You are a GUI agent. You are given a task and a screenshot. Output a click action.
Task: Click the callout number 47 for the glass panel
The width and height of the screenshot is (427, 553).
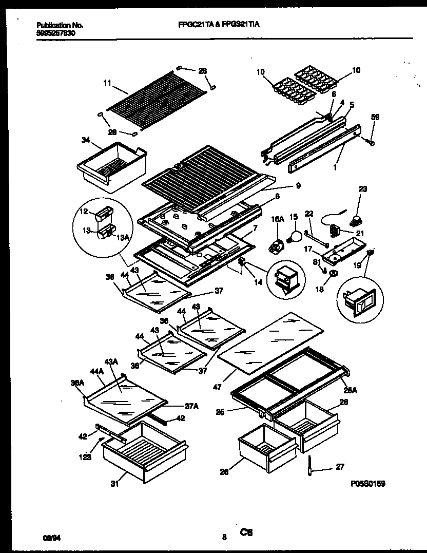click(217, 388)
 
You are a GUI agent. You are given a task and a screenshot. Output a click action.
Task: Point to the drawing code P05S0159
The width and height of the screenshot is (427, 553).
click(368, 484)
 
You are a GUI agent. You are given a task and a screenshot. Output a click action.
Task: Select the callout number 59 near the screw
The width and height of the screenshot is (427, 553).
click(375, 117)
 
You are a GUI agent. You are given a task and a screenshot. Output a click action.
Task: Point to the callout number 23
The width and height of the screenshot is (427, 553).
click(363, 189)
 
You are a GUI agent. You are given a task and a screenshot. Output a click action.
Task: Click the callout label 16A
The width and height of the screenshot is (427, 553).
click(277, 219)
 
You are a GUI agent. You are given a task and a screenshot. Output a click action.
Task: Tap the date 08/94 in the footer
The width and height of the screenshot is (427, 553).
click(49, 537)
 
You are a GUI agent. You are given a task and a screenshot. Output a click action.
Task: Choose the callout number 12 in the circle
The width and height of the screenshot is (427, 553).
click(84, 211)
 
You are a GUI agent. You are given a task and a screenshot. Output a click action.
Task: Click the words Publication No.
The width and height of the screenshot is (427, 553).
click(60, 25)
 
